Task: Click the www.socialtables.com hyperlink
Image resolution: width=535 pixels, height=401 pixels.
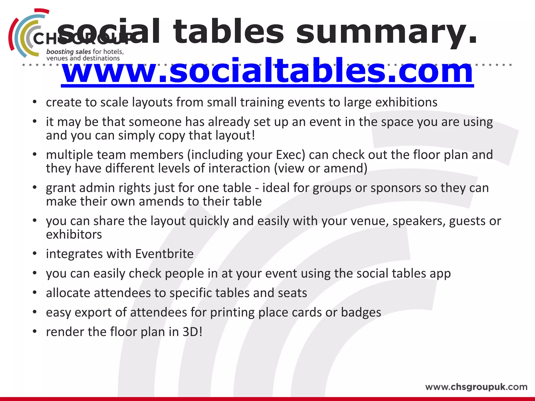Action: click(267, 71)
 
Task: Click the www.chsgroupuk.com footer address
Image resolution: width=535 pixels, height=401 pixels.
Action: click(476, 387)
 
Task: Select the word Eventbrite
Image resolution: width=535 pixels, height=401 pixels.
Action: click(164, 254)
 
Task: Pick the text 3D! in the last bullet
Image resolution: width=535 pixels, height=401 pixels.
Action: click(192, 332)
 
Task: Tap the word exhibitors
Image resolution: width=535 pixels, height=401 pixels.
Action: click(74, 234)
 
